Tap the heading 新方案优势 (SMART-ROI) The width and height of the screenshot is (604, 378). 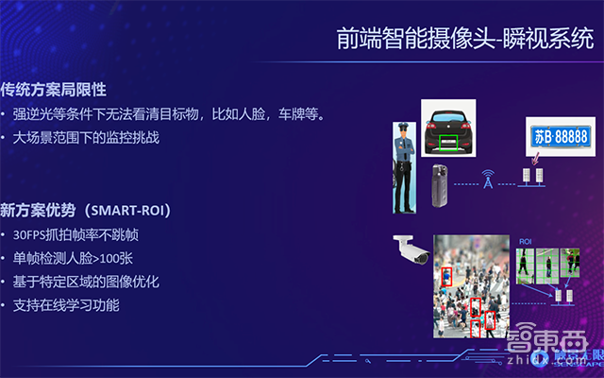86,208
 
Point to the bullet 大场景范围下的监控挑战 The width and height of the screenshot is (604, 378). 86,138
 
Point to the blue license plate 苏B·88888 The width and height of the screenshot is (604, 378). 558,138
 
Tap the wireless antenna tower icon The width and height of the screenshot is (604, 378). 488,180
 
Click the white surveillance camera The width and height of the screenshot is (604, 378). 412,249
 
